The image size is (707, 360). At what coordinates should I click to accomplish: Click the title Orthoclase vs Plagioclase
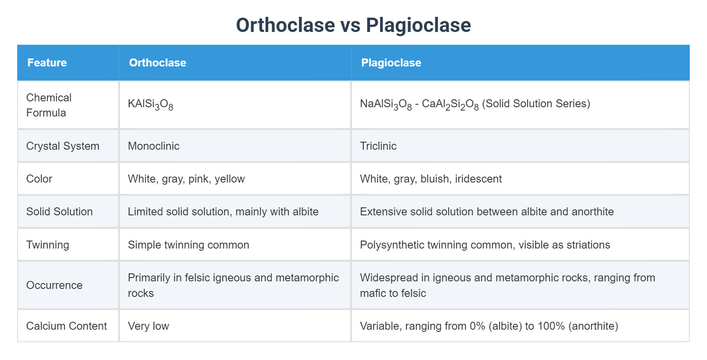pos(353,25)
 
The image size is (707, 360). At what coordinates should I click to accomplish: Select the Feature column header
pos(47,63)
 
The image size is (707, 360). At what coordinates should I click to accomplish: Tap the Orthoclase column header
pos(157,63)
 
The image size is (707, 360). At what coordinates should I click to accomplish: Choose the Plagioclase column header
pos(391,63)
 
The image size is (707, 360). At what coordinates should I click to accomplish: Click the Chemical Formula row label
pos(49,105)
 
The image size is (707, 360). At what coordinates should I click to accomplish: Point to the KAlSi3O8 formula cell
pos(150,104)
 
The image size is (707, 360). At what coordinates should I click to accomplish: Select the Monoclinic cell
pos(154,146)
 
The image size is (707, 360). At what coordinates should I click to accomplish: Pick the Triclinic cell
pos(378,146)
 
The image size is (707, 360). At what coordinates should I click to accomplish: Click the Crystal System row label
pos(63,146)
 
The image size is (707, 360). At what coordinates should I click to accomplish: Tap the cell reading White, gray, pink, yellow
pos(186,179)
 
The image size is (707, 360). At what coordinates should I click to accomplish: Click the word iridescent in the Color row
pos(478,179)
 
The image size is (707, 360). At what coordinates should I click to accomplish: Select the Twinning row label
pos(48,245)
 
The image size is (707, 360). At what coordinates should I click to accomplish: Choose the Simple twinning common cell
pos(188,245)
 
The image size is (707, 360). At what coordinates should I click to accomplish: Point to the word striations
pos(588,245)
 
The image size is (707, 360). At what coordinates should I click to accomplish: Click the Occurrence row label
pos(54,285)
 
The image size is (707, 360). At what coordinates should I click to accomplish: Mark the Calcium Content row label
pos(66,326)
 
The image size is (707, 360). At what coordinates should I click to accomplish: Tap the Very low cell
pos(148,326)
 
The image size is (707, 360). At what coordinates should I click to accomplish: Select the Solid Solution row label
pos(59,212)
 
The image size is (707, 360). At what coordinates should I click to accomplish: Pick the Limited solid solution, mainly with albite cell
pos(223,212)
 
